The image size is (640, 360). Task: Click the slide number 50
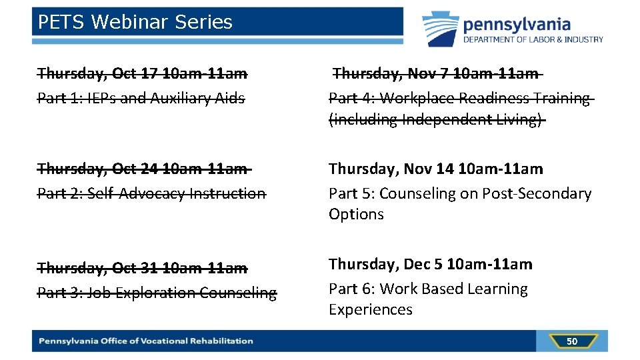[571, 341]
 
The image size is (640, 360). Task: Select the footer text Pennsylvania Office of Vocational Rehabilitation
[146, 341]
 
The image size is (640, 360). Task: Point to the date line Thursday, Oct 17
[142, 73]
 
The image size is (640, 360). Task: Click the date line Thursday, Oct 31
[142, 267]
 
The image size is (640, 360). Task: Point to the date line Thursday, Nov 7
[435, 73]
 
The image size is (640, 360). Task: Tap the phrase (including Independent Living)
[437, 119]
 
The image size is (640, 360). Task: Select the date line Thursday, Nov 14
[436, 168]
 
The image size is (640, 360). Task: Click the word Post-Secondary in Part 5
[538, 193]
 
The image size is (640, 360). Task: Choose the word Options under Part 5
[356, 214]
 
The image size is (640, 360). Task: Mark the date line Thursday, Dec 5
[431, 264]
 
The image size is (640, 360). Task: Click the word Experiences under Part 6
[371, 309]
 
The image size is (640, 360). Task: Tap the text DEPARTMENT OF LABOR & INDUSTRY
[533, 39]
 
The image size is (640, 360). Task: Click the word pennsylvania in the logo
[517, 25]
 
